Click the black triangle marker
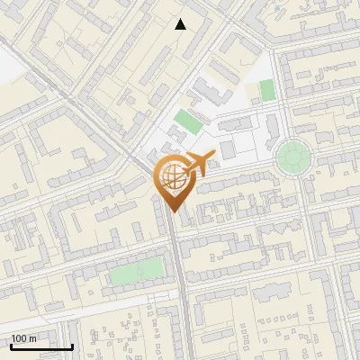(x=181, y=24)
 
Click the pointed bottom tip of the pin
(x=173, y=211)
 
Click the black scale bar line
(x=41, y=346)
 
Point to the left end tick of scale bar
(x=11, y=345)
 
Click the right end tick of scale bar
(x=72, y=345)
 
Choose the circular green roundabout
(x=292, y=157)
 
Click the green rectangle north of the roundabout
(x=266, y=90)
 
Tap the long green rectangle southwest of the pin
(x=138, y=271)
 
